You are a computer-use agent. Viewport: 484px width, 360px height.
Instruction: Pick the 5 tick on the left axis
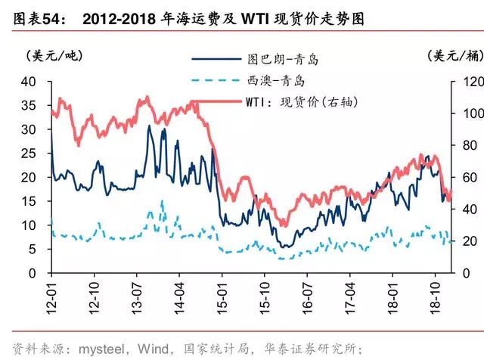click(x=32, y=249)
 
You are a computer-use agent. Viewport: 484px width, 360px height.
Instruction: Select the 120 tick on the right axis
click(x=464, y=81)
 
